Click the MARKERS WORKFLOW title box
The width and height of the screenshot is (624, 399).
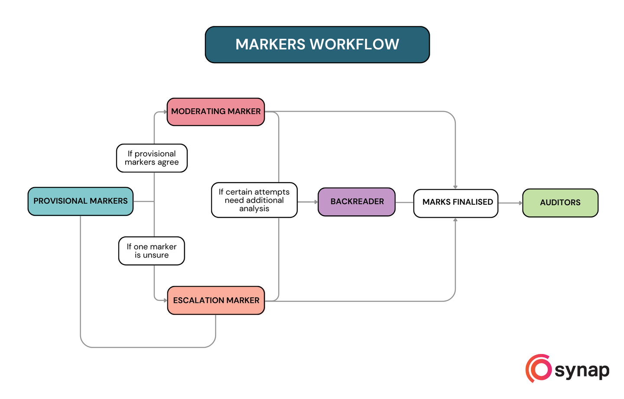317,45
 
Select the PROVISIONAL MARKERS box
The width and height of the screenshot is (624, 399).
81,201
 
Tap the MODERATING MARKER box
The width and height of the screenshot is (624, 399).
216,112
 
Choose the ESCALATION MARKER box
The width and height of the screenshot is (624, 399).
216,300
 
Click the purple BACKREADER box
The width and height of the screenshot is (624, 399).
357,202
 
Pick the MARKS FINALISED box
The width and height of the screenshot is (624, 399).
456,203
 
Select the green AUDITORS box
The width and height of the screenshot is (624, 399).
560,203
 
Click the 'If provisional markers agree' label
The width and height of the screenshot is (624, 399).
152,158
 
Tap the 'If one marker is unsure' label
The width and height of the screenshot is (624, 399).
152,251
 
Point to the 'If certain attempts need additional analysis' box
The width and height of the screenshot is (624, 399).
254,200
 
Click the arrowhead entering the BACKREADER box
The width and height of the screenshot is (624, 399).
315,202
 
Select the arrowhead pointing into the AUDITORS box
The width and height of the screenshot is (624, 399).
520,203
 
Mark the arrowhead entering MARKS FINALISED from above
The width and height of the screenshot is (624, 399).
455,187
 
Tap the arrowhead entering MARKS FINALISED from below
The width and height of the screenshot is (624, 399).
455,220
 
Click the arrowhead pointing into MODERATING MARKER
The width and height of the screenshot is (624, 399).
165,112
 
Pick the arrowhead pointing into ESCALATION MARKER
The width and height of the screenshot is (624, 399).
165,300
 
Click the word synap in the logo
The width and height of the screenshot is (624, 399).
582,370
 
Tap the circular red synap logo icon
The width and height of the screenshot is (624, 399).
539,369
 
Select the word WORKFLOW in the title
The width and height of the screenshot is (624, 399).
354,45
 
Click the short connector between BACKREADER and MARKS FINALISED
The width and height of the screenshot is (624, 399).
404,202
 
